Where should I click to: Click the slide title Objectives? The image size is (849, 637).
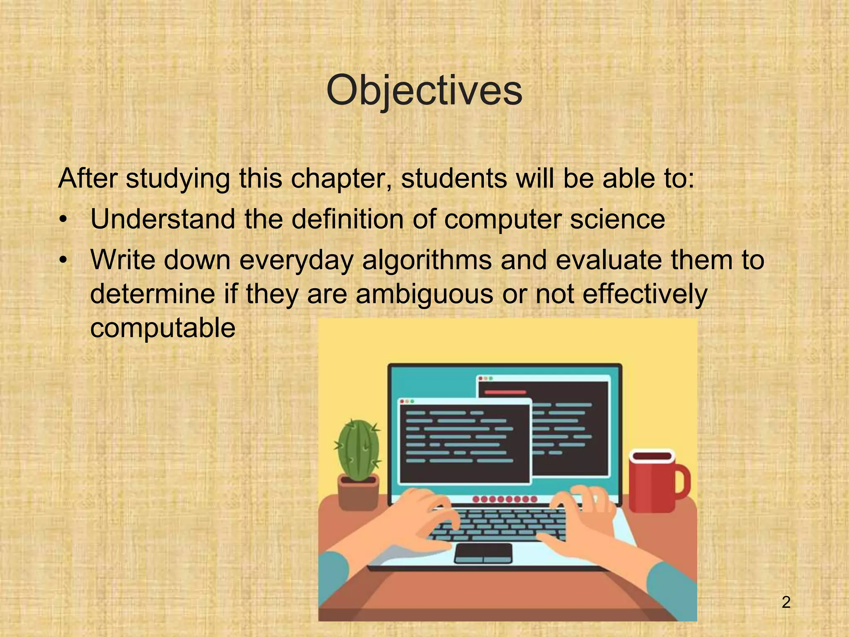point(424,91)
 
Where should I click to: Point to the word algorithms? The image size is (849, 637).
point(427,260)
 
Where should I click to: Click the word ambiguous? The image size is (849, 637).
point(424,294)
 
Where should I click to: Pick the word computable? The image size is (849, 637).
point(163,328)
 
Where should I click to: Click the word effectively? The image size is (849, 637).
point(644,294)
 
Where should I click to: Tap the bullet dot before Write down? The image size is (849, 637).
point(63,261)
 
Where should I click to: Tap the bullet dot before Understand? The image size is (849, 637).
point(63,220)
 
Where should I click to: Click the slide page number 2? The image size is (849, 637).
point(786,602)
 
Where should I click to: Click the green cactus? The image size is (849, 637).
point(358,450)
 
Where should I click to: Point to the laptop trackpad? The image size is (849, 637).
point(483,553)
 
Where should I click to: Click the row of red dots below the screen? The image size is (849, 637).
point(505,499)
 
